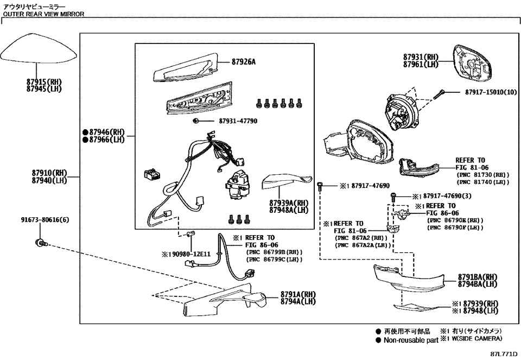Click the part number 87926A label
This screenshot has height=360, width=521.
pos(242,62)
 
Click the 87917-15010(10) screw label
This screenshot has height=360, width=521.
pos(491,92)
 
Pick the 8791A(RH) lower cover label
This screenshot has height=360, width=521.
pos(298,294)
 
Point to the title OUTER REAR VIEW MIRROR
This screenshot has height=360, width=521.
pos(43,14)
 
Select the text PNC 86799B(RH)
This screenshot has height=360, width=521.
pos(275,252)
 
